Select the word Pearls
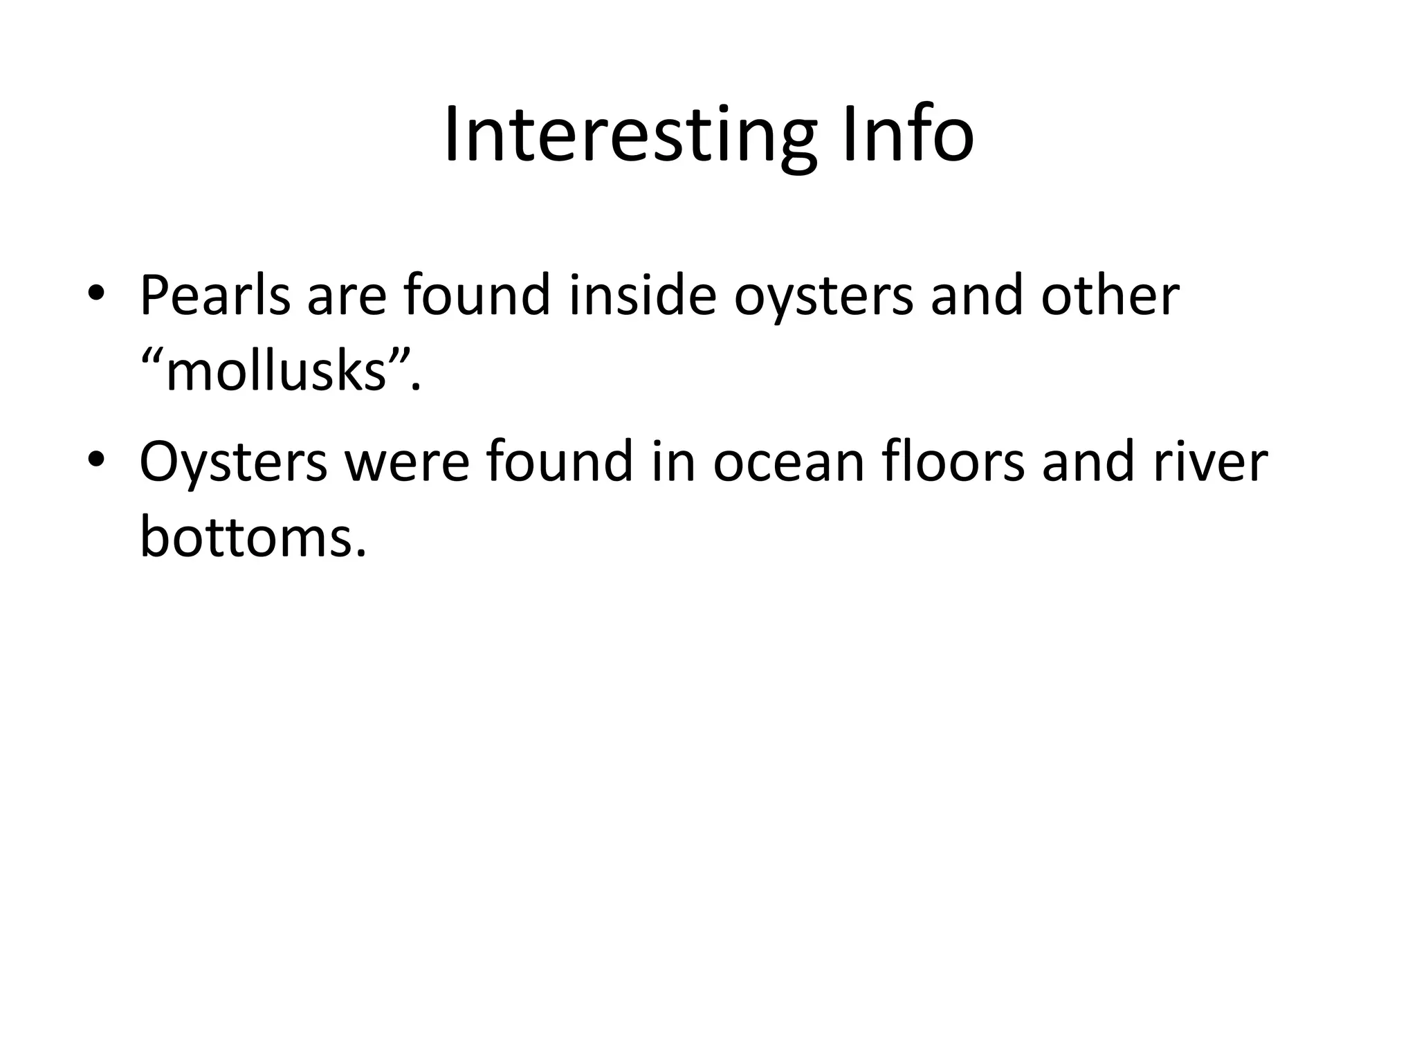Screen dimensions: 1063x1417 [214, 296]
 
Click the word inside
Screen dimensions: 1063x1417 [641, 296]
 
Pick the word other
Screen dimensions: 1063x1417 [1110, 296]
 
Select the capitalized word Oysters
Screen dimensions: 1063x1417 [234, 462]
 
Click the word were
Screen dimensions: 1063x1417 [407, 462]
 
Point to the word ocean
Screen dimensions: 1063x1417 [789, 462]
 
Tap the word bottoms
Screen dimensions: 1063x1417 [252, 538]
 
